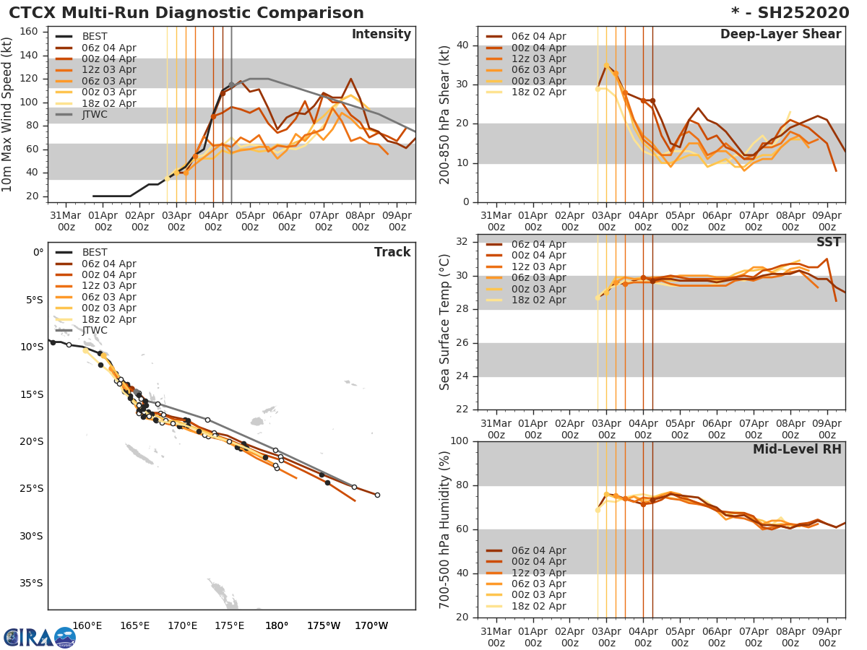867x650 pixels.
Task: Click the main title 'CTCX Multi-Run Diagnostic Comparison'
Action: click(186, 13)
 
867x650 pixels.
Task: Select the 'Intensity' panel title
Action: click(381, 35)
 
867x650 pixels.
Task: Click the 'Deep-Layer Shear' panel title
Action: click(780, 35)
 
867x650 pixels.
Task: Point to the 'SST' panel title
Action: click(829, 243)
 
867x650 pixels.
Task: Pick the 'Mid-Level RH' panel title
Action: click(797, 450)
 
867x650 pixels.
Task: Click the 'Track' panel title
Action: click(392, 252)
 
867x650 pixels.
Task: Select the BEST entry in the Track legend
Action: click(95, 253)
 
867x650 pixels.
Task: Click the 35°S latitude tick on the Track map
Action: click(33, 584)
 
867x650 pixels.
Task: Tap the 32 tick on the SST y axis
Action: click(463, 242)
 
